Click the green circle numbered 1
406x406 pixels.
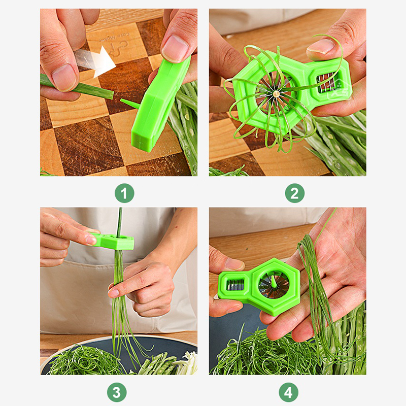124,193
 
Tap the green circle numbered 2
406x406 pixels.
295,193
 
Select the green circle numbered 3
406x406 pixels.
117,392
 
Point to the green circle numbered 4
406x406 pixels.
289,392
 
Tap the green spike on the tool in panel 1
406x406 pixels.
129,104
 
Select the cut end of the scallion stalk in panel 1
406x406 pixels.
112,95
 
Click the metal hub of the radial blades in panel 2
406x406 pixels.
276,93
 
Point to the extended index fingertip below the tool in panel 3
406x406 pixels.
113,293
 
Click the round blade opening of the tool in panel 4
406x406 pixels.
274,285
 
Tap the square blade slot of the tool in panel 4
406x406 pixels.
235,285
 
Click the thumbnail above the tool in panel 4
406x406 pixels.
234,264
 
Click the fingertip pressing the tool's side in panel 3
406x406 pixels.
91,240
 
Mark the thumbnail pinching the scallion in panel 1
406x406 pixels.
64,78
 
